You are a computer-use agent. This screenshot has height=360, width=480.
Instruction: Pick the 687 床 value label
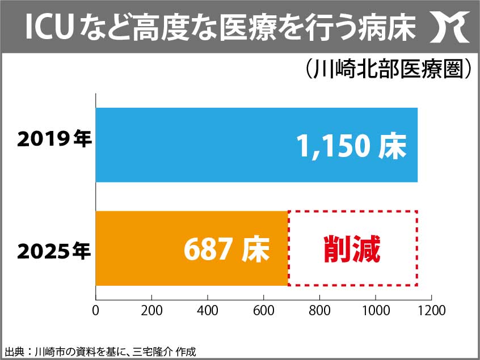click(226, 249)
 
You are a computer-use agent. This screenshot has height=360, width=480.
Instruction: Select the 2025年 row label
click(54, 250)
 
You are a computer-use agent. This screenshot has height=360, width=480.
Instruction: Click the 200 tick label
click(151, 311)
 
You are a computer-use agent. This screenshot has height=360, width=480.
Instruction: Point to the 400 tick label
click(208, 311)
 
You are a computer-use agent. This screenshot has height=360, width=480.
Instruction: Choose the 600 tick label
click(263, 311)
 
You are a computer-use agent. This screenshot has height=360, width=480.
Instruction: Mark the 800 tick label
click(319, 311)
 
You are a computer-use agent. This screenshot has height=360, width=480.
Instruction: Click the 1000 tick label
click(376, 311)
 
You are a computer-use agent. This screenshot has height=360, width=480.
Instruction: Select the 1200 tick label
click(431, 311)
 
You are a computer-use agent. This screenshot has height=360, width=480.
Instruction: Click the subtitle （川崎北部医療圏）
click(385, 70)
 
